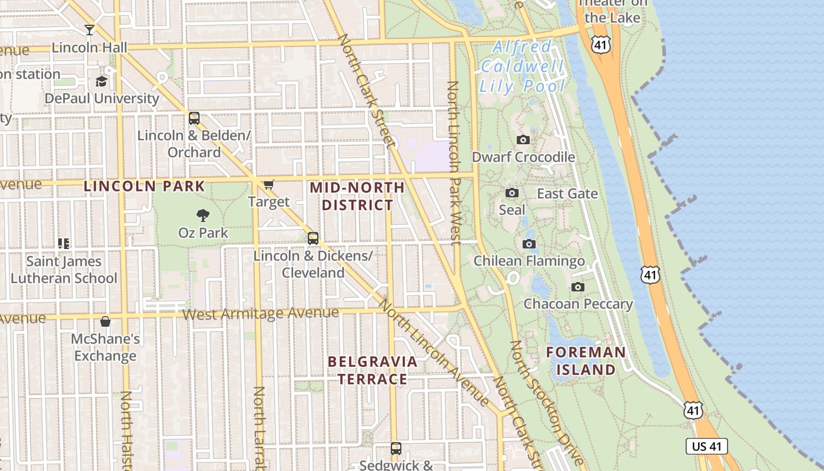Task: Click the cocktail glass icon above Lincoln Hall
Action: point(89,29)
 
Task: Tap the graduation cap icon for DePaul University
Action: point(102,81)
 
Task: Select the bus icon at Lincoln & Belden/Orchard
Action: point(194,118)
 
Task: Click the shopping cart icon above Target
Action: point(269,185)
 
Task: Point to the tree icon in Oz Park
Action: point(203,215)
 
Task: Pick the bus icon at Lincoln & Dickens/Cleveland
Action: point(313,238)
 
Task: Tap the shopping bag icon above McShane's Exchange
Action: point(105,321)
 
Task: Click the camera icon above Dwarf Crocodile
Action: point(523,140)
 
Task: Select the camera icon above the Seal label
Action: point(512,193)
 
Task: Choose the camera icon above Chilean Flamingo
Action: point(529,244)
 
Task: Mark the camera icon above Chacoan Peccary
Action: point(578,287)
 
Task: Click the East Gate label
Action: point(567,194)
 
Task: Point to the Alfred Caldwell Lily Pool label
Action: point(522,67)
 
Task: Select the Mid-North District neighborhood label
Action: point(357,196)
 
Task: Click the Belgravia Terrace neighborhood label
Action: point(373,370)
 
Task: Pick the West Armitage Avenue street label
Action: point(260,314)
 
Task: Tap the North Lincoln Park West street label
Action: point(454,163)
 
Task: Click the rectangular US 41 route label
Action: point(707,446)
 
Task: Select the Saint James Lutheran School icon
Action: point(64,243)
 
